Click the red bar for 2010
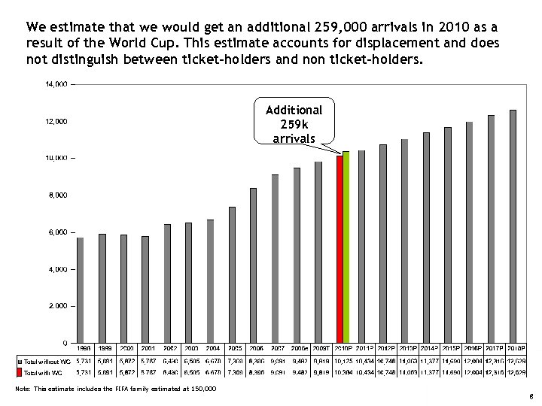click(340, 248)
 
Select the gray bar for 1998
click(81, 289)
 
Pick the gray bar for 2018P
click(513, 226)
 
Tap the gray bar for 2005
click(232, 274)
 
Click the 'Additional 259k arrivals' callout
click(294, 123)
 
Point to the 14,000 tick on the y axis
click(57, 84)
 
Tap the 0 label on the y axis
click(65, 343)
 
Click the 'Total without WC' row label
click(47, 362)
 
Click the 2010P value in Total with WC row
click(343, 373)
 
